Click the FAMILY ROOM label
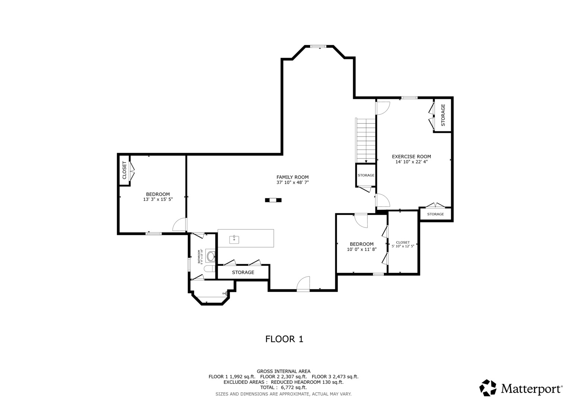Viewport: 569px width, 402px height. tap(293, 177)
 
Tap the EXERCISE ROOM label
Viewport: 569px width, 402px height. tap(411, 157)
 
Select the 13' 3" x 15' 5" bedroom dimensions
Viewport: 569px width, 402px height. tap(158, 200)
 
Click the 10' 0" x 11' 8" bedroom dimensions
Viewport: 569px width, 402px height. tap(362, 249)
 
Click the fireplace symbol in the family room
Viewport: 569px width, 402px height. tap(273, 200)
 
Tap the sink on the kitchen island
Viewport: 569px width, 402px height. tap(234, 239)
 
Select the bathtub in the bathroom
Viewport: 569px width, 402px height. tap(211, 256)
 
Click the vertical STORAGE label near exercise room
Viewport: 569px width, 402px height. tap(443, 115)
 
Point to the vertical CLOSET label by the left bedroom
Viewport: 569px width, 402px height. tap(124, 170)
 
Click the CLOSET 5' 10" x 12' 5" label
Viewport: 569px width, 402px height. tap(403, 244)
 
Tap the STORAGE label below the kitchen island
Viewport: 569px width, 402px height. tap(243, 272)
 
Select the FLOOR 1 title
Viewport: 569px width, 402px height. tap(284, 339)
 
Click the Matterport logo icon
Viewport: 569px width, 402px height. tap(488, 388)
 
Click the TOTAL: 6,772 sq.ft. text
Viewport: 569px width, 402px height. tap(283, 387)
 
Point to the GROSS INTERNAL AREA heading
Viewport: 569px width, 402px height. tap(283, 371)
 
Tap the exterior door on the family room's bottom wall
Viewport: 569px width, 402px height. tap(303, 285)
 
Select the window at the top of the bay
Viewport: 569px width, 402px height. tap(319, 47)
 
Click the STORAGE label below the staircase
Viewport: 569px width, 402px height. tap(366, 175)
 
